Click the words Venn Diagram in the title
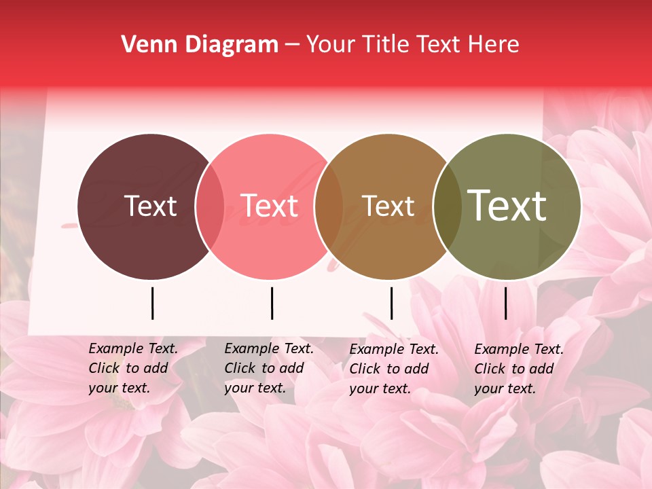click(200, 45)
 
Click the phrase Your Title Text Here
click(412, 45)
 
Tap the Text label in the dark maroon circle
click(150, 206)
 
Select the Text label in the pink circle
click(269, 206)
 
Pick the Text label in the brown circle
click(388, 206)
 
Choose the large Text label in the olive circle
click(507, 206)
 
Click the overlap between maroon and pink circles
click(210, 206)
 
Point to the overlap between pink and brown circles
click(329, 206)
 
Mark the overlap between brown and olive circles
click(446, 206)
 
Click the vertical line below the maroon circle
click(152, 303)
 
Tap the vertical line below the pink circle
click(272, 303)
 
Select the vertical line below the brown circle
click(391, 303)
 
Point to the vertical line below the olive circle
click(505, 303)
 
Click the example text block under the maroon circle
click(133, 368)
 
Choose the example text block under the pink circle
click(269, 368)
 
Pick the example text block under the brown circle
click(394, 369)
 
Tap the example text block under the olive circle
click(519, 369)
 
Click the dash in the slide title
click(292, 46)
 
